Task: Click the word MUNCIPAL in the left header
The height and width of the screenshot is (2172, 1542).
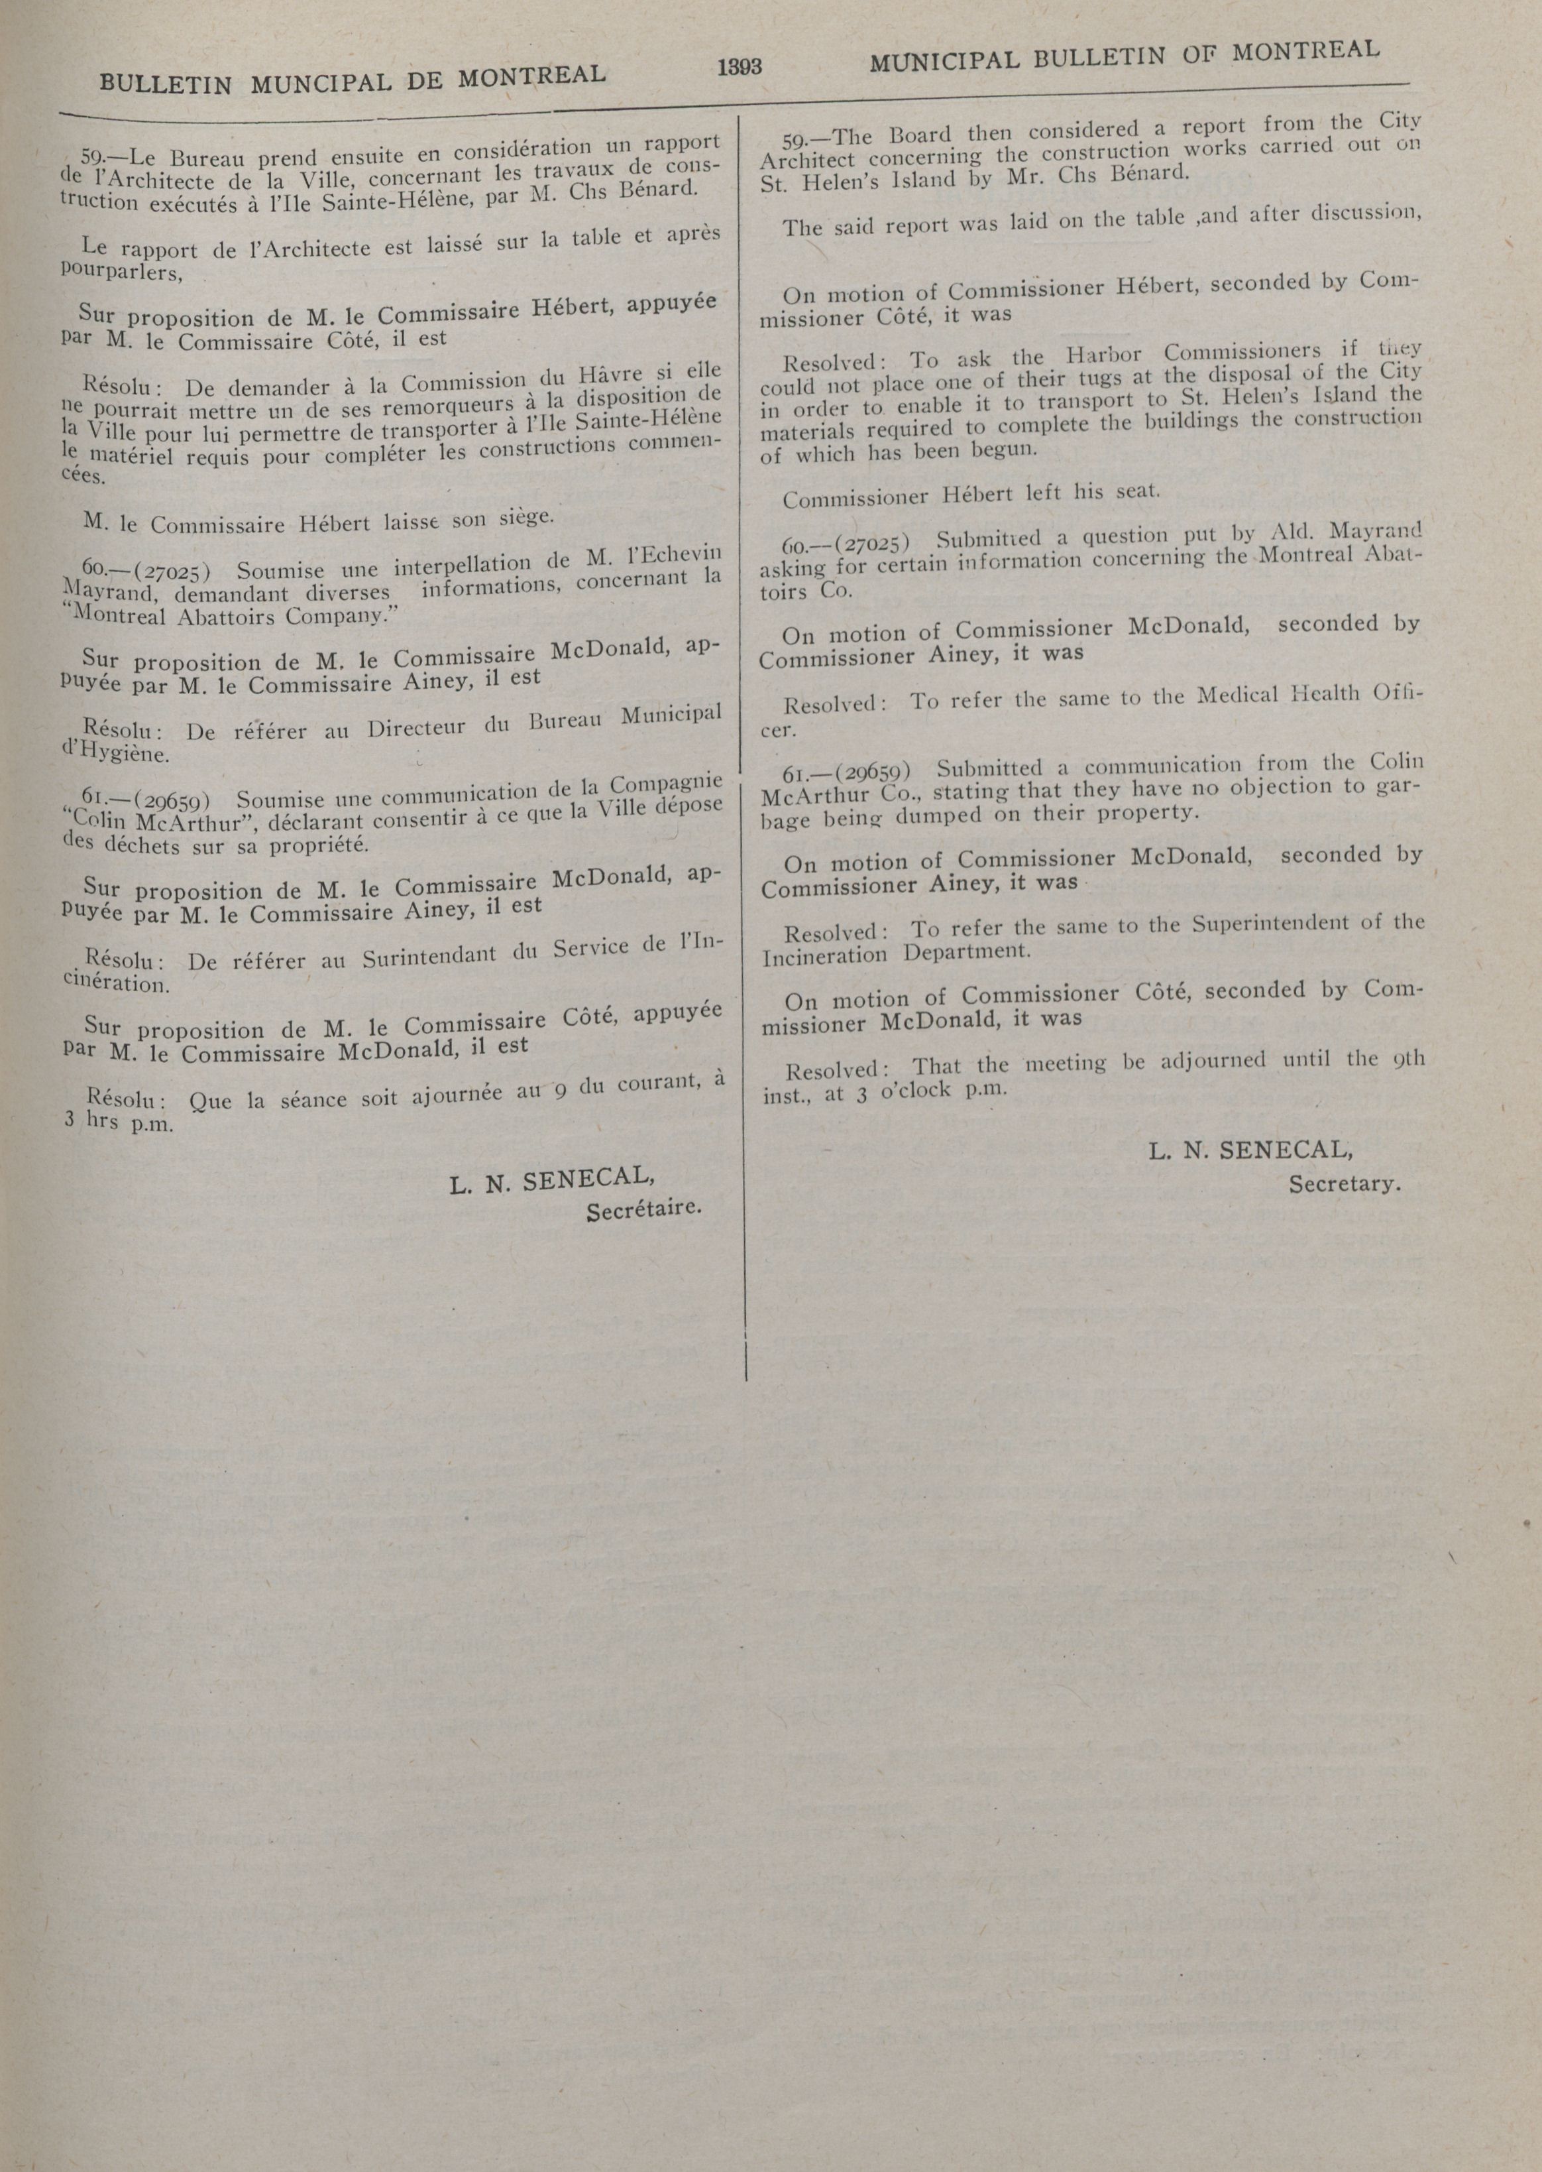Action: tap(320, 83)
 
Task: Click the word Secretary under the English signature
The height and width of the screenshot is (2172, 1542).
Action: tap(1344, 1184)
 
